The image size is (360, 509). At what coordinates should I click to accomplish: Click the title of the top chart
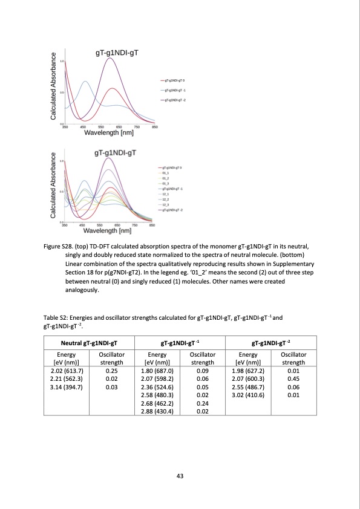tap(118, 53)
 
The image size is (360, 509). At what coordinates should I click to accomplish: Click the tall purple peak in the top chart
tap(110, 59)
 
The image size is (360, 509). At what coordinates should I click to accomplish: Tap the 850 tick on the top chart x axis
tap(154, 127)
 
